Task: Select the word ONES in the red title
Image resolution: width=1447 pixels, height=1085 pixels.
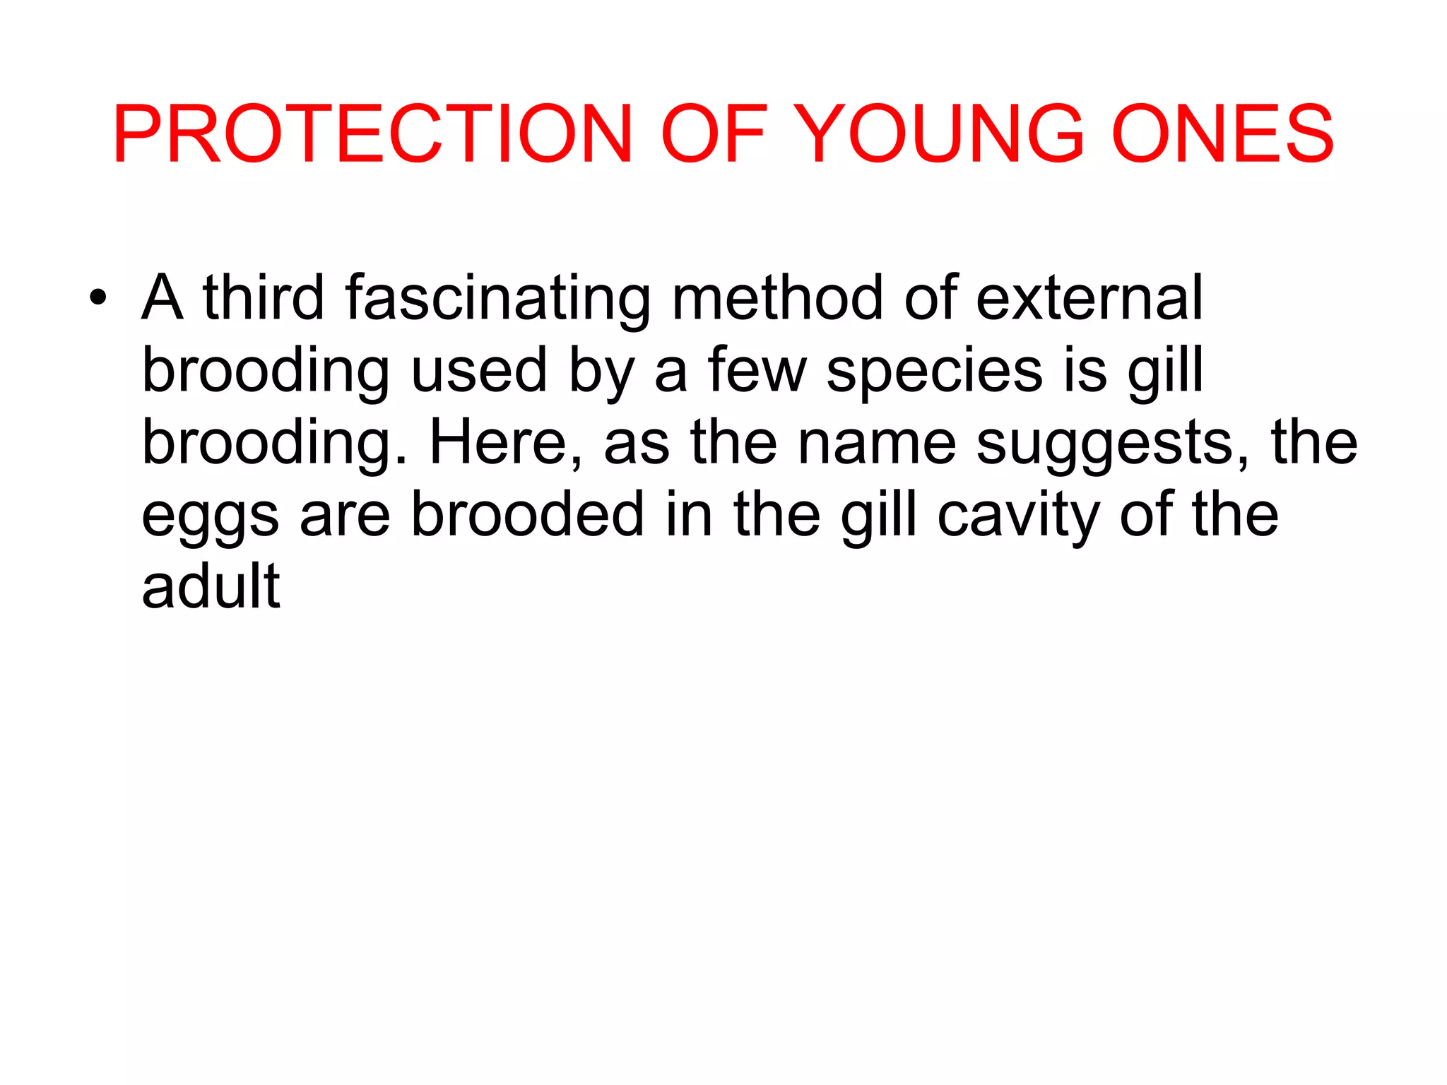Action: point(1222,134)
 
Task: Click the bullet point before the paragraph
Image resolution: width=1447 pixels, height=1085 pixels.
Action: point(98,297)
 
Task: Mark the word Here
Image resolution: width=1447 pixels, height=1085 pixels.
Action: point(506,443)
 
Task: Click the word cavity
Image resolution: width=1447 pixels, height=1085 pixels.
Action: point(1017,516)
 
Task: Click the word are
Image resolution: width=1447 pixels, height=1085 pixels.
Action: point(345,516)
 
